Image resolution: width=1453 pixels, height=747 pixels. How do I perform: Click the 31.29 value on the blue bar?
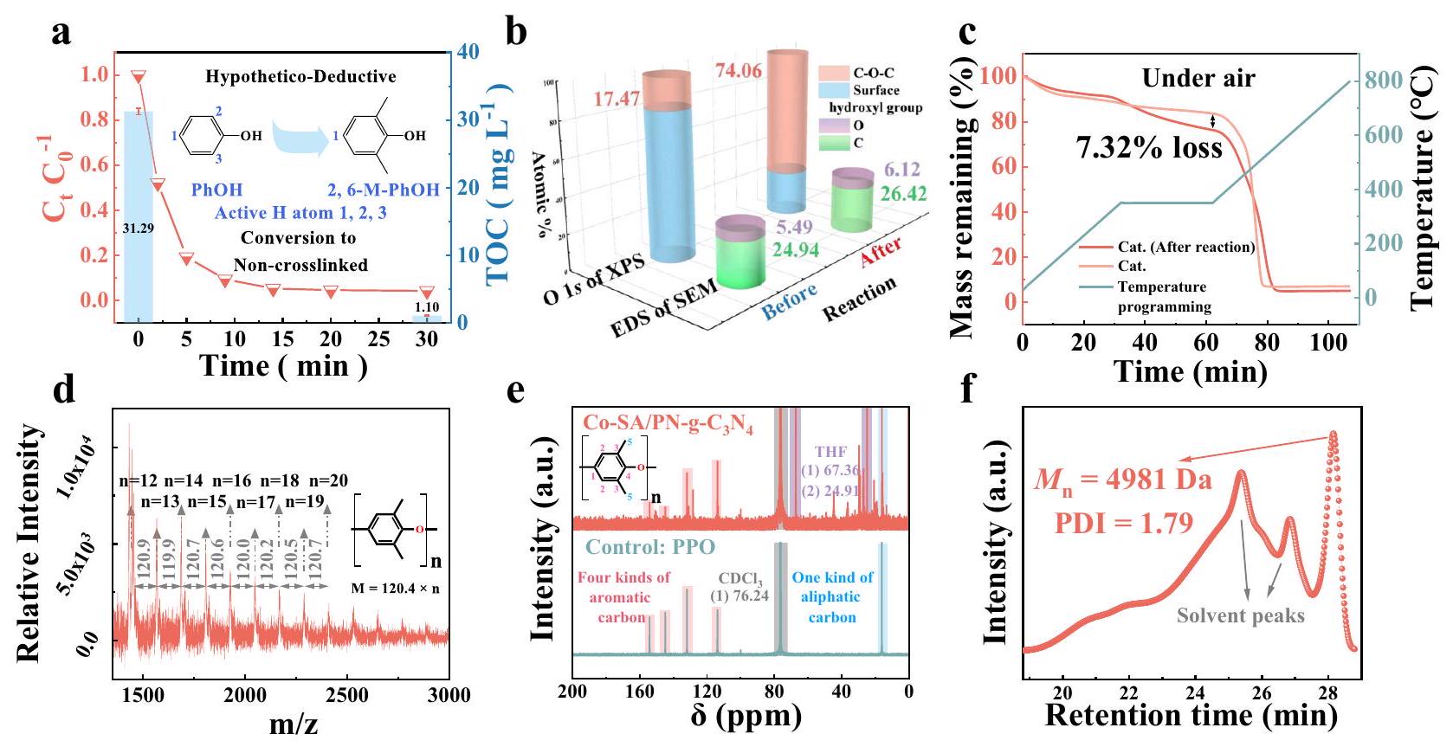click(139, 228)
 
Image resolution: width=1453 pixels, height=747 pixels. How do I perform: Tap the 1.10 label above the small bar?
click(427, 307)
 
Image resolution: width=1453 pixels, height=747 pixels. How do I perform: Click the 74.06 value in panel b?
click(738, 71)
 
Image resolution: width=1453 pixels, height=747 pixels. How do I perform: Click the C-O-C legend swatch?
click(833, 73)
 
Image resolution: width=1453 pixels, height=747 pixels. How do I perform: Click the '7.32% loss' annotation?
click(1149, 149)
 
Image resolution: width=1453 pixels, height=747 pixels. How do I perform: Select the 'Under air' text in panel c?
click(1198, 79)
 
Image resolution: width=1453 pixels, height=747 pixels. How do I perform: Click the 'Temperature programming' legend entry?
click(1163, 296)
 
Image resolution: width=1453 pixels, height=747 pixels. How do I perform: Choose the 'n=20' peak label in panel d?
click(329, 481)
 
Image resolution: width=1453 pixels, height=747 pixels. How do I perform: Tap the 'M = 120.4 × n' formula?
click(396, 589)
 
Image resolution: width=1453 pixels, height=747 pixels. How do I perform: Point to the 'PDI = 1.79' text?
click(1123, 523)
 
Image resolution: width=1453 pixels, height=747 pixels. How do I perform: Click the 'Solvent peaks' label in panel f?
click(1240, 616)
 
